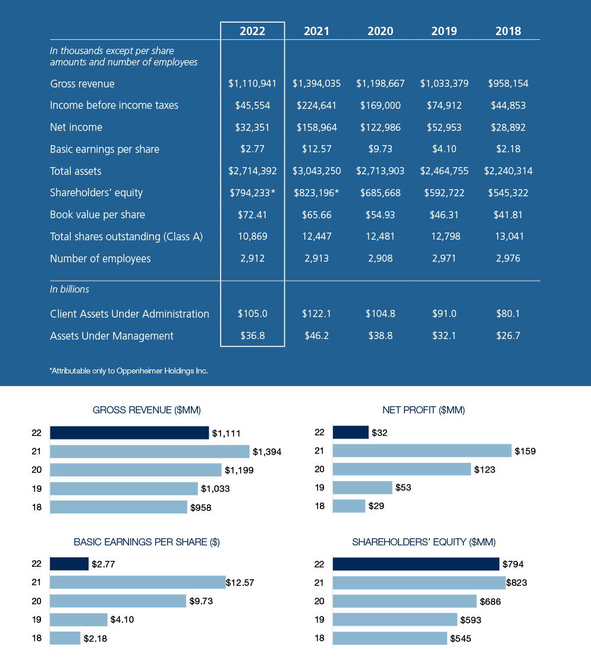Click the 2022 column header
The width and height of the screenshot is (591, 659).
(252, 32)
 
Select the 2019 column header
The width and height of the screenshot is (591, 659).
(444, 32)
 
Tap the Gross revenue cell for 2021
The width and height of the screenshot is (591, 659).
(316, 84)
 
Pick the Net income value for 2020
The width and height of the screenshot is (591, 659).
(381, 127)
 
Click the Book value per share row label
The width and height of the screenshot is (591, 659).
(98, 215)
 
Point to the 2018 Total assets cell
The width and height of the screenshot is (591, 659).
(508, 171)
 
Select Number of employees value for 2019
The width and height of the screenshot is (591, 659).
(444, 259)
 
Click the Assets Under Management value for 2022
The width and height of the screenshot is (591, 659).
(252, 336)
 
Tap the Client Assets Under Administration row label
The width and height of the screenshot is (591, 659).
(130, 314)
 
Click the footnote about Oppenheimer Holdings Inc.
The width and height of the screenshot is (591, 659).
(128, 371)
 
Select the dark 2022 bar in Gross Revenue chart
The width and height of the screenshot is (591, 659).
(129, 433)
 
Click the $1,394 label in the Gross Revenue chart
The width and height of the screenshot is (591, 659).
(266, 452)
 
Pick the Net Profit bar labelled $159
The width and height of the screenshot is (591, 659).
(422, 451)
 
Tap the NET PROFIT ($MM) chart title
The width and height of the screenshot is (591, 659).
(423, 410)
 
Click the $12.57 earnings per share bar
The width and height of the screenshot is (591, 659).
(137, 583)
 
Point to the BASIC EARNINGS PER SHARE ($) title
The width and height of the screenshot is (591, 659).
(146, 542)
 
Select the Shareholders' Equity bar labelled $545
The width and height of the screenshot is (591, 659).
(389, 639)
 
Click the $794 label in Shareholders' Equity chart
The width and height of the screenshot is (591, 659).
(513, 564)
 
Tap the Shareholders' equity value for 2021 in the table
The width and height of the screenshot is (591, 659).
(316, 193)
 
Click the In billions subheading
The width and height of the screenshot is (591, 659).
(70, 290)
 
